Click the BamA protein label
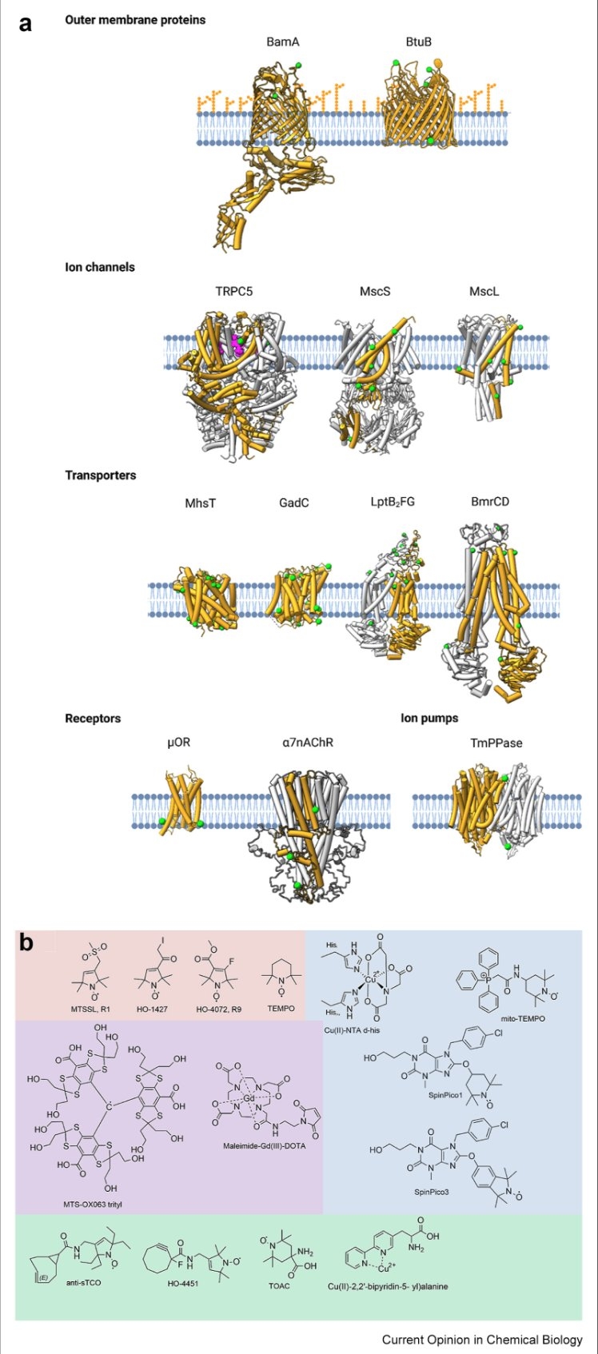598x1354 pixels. point(283,42)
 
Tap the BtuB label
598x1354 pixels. point(418,42)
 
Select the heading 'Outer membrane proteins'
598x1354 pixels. point(135,19)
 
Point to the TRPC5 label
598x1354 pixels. point(233,291)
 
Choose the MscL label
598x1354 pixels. point(484,291)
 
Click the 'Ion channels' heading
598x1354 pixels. point(100,267)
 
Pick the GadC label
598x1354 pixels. point(294,503)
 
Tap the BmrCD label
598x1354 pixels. point(490,502)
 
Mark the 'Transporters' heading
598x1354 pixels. point(101,475)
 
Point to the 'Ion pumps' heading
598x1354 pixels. point(429,718)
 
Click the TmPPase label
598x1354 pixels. point(496,743)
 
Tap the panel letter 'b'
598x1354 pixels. point(26,942)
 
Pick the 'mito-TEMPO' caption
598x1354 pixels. point(524,1018)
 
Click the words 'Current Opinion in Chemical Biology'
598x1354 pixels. point(482,1339)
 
